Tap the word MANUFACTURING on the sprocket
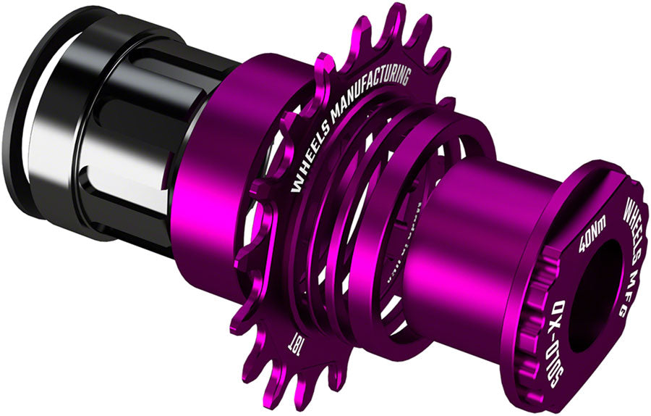(373, 93)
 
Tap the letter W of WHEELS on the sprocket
(296, 185)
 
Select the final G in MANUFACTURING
(404, 73)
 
